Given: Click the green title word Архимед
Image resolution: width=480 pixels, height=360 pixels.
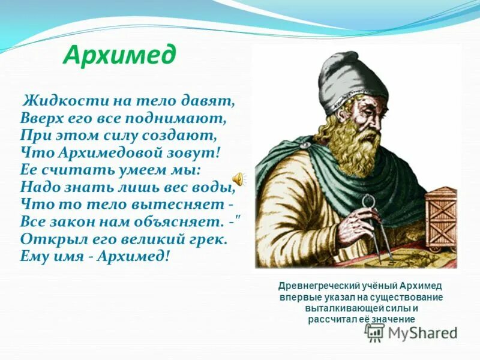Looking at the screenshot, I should click(119, 56).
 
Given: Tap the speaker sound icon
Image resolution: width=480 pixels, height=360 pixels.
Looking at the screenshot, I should click(238, 178).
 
